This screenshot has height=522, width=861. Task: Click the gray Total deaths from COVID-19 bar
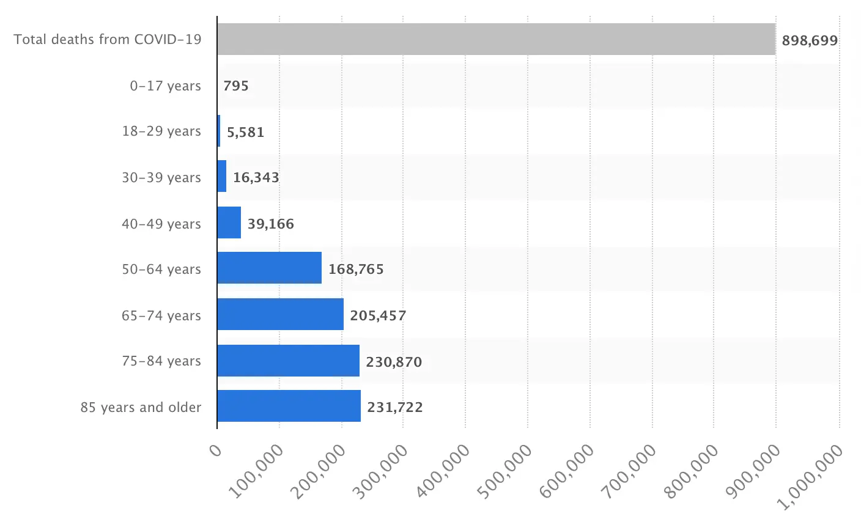coord(496,39)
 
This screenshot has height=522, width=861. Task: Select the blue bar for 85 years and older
coord(289,406)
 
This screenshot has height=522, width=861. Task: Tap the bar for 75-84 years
coord(288,361)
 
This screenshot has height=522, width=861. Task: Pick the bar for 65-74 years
coord(280,314)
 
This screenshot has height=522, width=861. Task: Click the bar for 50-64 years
coord(269,268)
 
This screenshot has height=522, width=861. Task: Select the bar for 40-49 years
coord(229,222)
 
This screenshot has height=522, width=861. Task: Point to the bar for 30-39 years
coord(222,176)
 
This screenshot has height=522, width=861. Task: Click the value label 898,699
coord(810,41)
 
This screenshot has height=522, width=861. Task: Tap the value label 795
coord(236,86)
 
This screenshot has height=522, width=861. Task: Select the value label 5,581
coord(245,132)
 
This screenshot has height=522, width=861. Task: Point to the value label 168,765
coord(356,269)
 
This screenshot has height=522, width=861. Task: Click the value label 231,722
coord(394,407)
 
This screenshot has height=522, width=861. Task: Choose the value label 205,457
coord(378,315)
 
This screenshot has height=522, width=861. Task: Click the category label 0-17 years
coord(165,86)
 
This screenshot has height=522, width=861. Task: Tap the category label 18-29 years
coord(161,131)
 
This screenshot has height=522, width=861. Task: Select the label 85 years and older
coord(141,407)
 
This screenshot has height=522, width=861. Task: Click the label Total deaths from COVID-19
coord(108,40)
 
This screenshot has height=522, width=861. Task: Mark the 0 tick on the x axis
coord(215,451)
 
